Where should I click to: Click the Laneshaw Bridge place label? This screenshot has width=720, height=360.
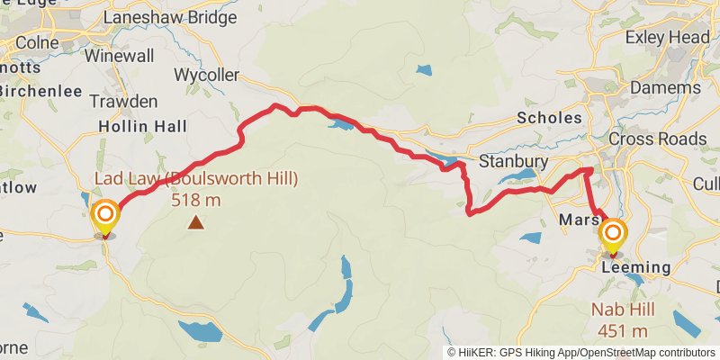(x=170, y=17)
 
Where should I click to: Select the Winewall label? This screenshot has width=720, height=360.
(x=120, y=55)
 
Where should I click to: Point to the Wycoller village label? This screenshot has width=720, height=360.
(x=207, y=74)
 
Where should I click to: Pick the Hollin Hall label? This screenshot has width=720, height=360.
(x=141, y=125)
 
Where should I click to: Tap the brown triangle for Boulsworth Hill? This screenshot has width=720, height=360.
(x=195, y=221)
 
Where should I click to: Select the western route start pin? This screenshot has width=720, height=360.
(x=105, y=216)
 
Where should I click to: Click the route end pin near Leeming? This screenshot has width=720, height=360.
(x=613, y=236)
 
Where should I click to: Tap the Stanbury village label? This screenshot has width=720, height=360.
(x=513, y=161)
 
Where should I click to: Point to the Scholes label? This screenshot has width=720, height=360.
(x=549, y=117)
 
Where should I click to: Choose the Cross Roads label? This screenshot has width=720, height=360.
(x=658, y=139)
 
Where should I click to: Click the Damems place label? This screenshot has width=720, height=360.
(x=665, y=88)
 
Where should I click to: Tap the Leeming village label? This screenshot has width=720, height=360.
(x=636, y=267)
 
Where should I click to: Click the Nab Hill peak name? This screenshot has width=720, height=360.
(x=621, y=310)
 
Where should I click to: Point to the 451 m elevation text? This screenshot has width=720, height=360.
(x=621, y=330)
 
